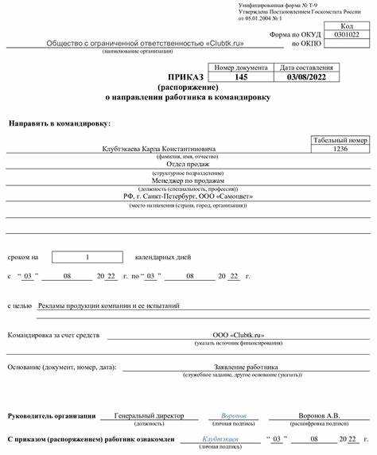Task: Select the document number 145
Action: click(x=241, y=78)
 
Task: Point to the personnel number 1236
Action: click(x=340, y=149)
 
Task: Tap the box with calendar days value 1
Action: click(x=87, y=257)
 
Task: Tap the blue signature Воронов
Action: click(x=233, y=416)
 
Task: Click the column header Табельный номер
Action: click(x=340, y=139)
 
